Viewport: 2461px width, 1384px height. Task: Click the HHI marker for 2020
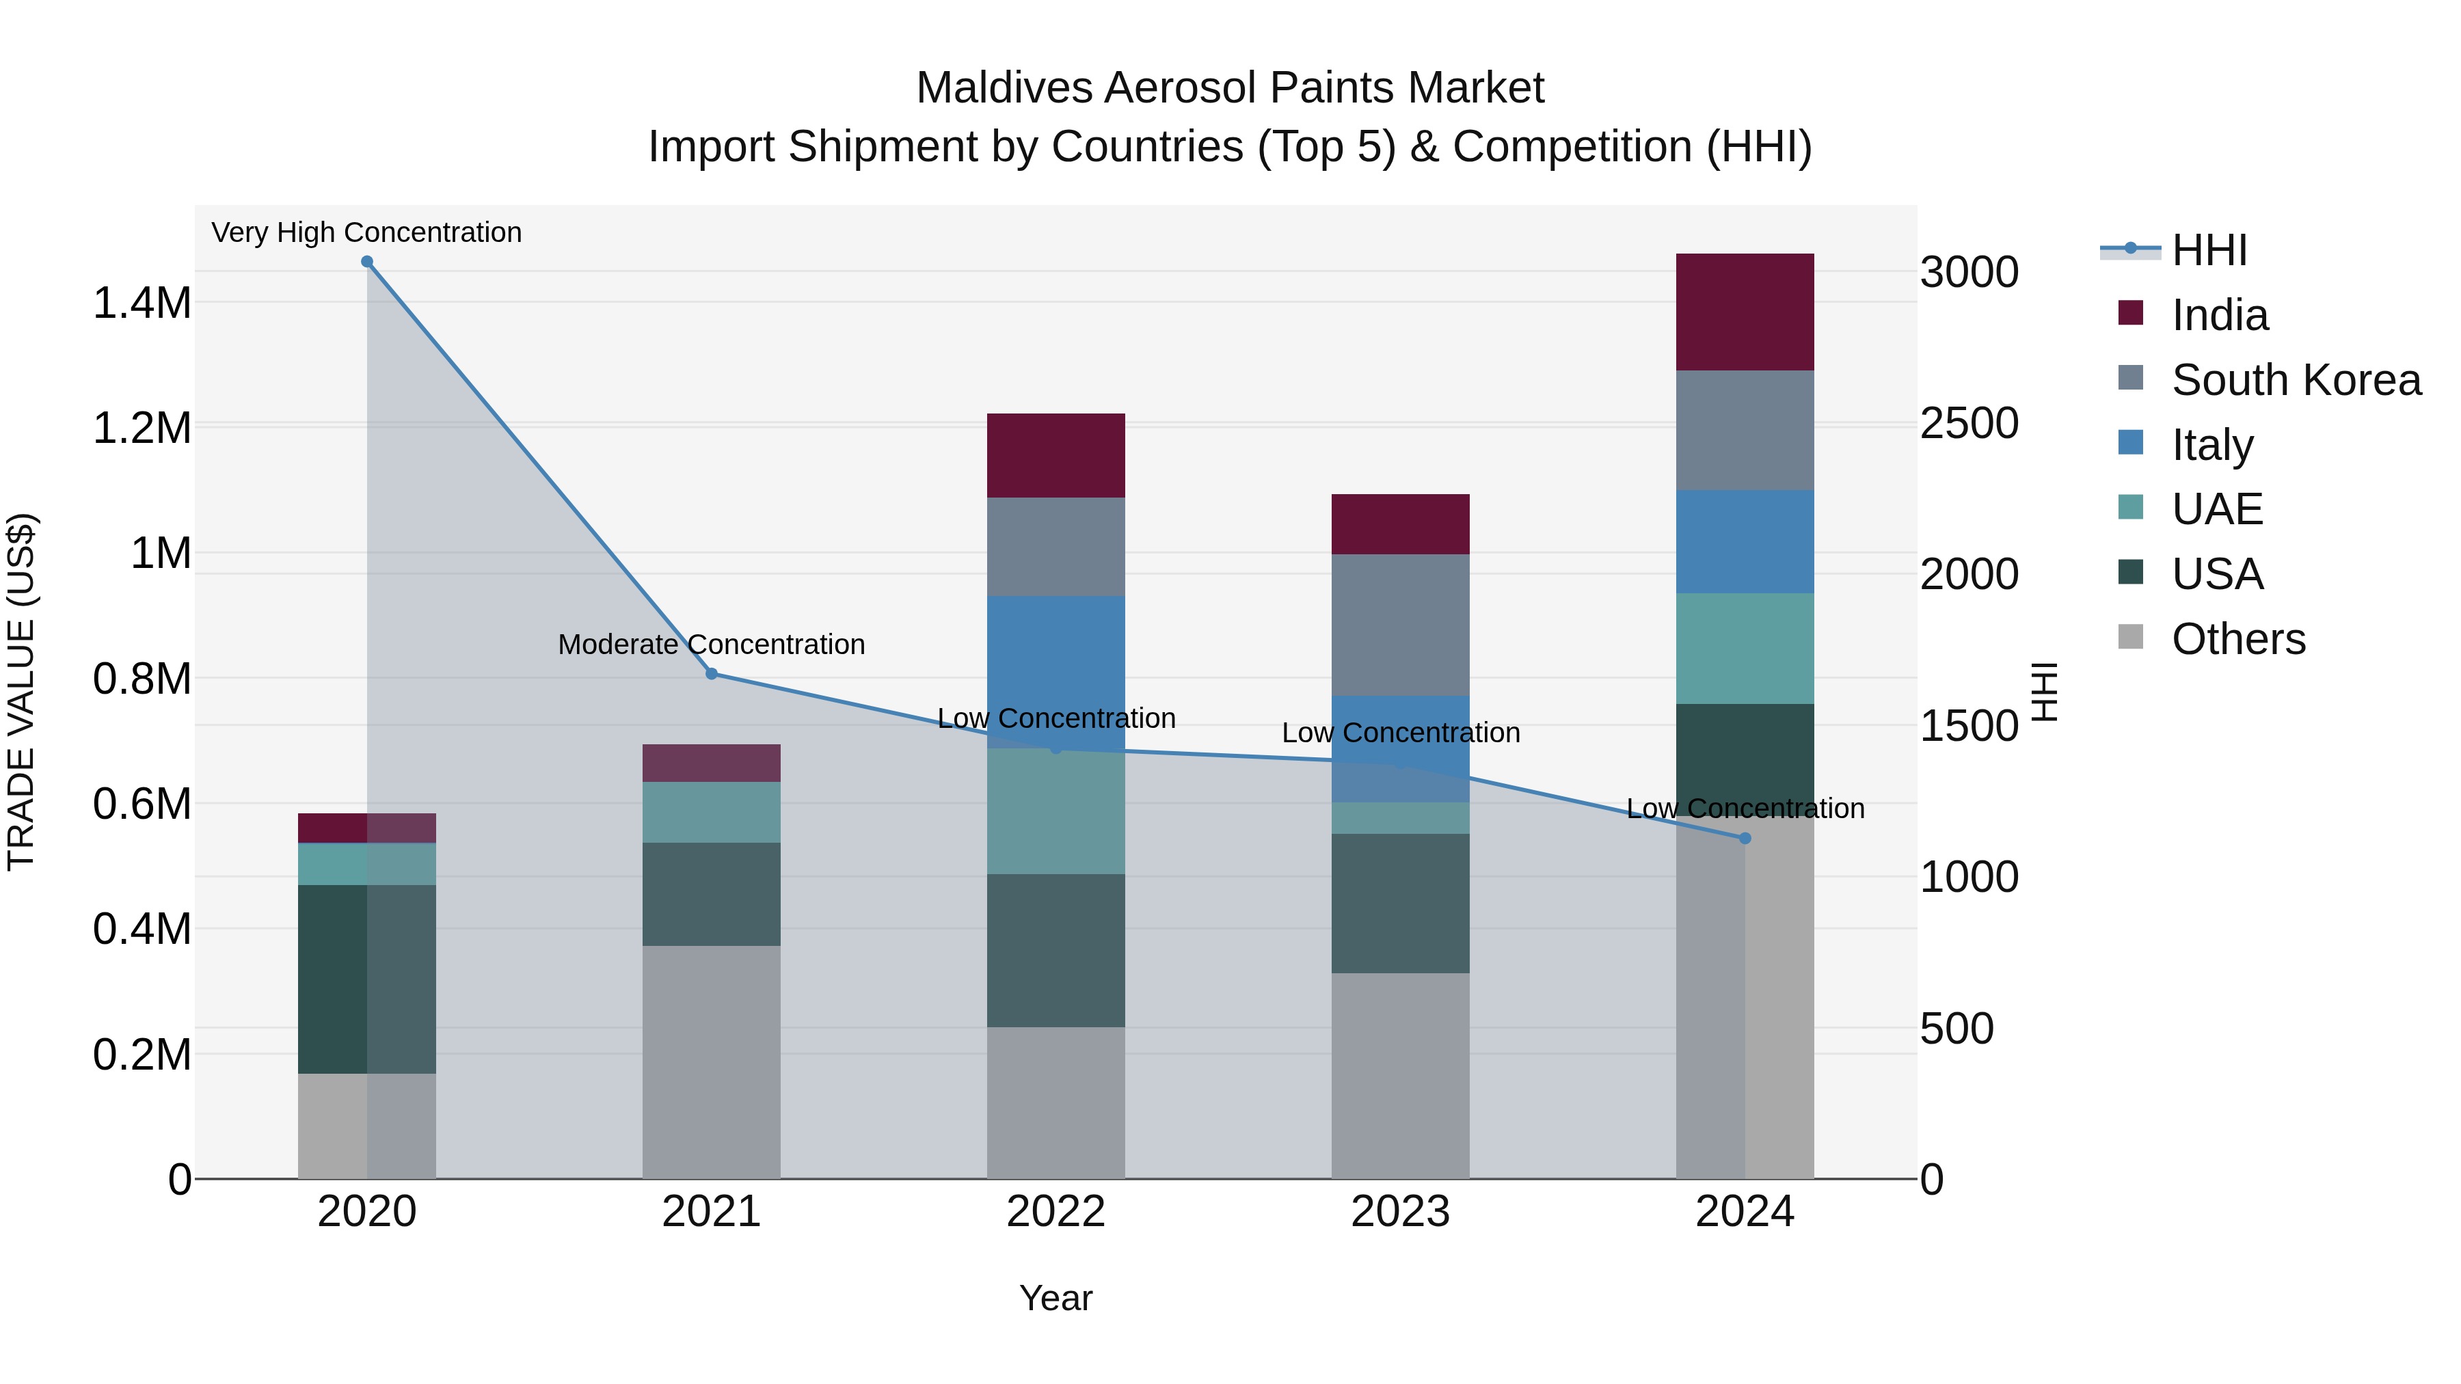pyautogui.click(x=367, y=262)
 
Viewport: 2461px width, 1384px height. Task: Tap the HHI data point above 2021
pyautogui.click(x=712, y=675)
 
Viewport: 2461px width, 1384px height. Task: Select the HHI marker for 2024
pyautogui.click(x=1745, y=839)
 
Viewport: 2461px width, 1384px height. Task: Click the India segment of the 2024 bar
pyautogui.click(x=1745, y=312)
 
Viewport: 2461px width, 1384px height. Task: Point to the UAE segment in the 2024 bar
pyautogui.click(x=1745, y=649)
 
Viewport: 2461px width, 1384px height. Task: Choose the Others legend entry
pyautogui.click(x=2238, y=639)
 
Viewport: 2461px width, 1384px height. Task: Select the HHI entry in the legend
pyautogui.click(x=2209, y=250)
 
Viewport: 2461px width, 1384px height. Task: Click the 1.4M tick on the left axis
pyautogui.click(x=142, y=303)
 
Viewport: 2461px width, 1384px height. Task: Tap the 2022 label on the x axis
pyautogui.click(x=1055, y=1212)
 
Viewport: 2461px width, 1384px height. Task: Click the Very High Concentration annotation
pyautogui.click(x=367, y=233)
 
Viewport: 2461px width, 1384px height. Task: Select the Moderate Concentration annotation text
pyautogui.click(x=712, y=644)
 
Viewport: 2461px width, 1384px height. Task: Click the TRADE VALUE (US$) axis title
pyautogui.click(x=21, y=692)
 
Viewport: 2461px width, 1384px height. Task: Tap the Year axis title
pyautogui.click(x=1055, y=1298)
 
